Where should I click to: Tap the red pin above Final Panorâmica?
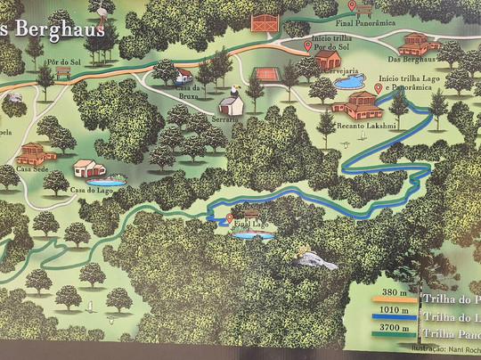[352, 7]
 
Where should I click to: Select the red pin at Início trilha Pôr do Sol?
[308, 45]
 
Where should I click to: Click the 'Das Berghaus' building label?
[412, 59]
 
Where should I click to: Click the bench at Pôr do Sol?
[62, 74]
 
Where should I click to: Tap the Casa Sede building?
[31, 152]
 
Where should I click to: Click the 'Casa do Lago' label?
[90, 189]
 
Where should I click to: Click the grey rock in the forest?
[314, 260]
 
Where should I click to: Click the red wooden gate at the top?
[265, 22]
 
